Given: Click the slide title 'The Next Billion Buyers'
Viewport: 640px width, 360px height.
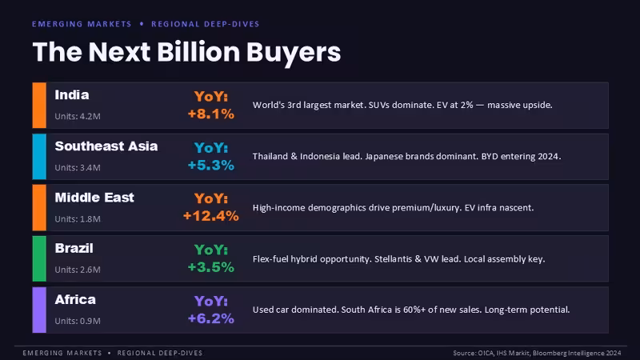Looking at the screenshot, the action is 186,53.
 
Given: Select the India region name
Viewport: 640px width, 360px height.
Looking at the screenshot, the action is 72,95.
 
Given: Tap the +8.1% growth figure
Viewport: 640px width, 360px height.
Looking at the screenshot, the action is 211,114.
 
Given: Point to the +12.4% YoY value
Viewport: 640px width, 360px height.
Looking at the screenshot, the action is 211,216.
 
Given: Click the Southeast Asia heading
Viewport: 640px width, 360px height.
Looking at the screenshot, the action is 106,146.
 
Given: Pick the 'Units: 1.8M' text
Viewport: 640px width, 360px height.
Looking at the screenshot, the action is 78,219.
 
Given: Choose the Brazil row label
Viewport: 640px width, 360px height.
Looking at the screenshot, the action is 74,248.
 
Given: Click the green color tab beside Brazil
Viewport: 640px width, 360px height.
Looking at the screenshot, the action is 39,258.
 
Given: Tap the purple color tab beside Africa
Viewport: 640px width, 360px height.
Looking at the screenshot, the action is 39,310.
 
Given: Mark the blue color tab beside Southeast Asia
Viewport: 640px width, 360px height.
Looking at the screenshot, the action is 39,157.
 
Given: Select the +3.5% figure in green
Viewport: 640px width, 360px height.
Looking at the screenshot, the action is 211,267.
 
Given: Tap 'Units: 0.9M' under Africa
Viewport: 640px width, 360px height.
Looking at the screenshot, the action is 78,322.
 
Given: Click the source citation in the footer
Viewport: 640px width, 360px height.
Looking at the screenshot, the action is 537,353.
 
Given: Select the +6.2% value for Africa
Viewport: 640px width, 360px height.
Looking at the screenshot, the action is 211,318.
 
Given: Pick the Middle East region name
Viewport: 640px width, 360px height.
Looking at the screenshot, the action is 94,198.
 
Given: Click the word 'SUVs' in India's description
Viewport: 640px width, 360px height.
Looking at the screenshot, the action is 378,106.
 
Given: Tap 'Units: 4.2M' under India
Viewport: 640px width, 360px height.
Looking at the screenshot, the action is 78,116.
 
